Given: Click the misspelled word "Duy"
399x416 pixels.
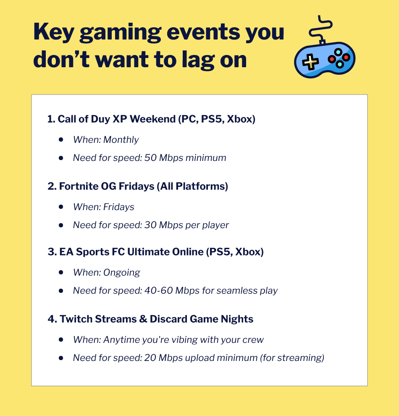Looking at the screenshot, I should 101,119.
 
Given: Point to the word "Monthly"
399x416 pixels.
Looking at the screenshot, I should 121,140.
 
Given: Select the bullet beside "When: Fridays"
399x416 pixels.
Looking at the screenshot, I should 61,207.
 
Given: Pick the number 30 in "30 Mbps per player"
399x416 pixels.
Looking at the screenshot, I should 150,225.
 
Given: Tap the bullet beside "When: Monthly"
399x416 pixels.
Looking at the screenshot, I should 61,140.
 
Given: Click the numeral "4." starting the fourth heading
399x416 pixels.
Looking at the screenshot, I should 52,319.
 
